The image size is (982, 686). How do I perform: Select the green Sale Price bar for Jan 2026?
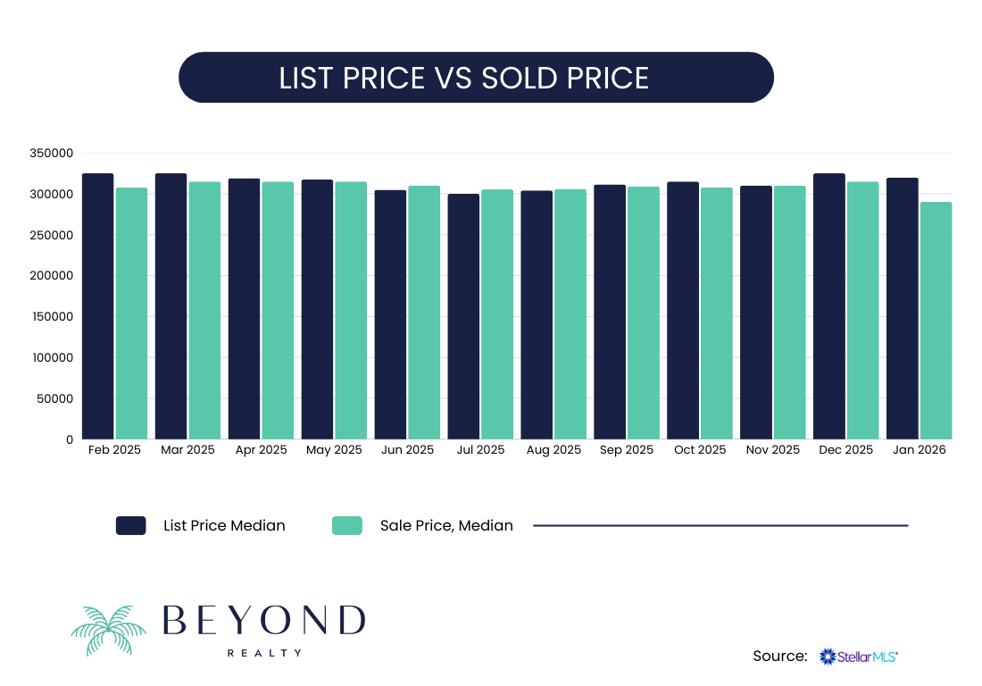click(x=936, y=321)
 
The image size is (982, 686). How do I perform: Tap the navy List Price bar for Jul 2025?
click(x=463, y=316)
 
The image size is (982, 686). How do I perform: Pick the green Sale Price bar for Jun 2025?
click(x=424, y=313)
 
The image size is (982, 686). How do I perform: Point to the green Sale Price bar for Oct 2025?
click(x=717, y=313)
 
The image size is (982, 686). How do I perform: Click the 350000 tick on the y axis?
click(x=51, y=154)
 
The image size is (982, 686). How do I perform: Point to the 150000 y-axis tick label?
click(x=51, y=317)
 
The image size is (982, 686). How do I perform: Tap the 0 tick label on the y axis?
click(x=69, y=439)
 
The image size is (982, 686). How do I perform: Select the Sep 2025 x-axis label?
click(x=627, y=450)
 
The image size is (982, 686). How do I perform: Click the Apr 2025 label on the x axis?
click(x=261, y=450)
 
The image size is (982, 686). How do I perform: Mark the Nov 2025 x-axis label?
click(x=773, y=450)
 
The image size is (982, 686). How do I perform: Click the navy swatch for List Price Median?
click(x=131, y=525)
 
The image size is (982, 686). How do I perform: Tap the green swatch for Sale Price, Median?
click(x=347, y=525)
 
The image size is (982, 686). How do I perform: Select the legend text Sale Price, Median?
click(x=446, y=525)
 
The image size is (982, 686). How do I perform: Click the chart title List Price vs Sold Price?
click(x=464, y=78)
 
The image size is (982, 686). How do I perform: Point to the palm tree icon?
click(x=108, y=630)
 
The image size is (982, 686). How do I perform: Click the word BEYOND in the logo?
click(x=264, y=620)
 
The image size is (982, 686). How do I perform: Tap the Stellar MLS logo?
click(x=859, y=657)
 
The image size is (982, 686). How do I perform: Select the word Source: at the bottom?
click(x=780, y=657)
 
